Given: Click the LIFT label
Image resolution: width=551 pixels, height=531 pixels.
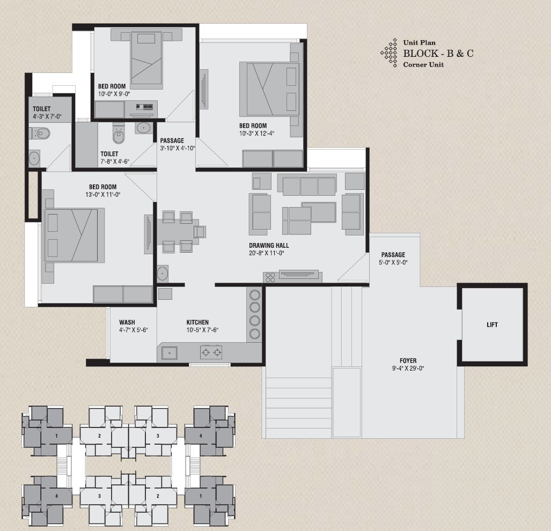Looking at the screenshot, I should (x=492, y=325).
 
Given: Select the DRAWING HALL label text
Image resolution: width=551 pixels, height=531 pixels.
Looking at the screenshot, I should (x=269, y=245).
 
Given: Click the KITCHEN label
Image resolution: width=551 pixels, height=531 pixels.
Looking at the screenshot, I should (x=197, y=322).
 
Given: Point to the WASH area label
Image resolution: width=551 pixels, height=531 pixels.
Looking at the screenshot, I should (x=127, y=322).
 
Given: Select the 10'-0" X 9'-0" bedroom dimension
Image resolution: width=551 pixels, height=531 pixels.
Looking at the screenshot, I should (x=114, y=94).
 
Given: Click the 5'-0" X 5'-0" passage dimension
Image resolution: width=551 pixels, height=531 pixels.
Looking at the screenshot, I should (x=394, y=263).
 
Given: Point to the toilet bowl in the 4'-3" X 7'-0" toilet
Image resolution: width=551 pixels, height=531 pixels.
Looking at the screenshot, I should (x=42, y=133).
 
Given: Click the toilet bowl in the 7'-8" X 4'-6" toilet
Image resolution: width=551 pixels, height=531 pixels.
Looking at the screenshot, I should (x=119, y=134).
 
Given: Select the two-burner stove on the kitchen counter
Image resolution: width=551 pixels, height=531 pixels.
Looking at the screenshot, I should (x=211, y=352).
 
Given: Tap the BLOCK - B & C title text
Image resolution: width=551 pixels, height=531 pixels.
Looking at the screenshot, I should (x=438, y=53).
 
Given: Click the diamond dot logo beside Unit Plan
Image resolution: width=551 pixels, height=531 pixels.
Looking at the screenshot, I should (x=389, y=53).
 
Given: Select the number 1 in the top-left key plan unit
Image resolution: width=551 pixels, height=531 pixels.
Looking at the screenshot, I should (x=56, y=436).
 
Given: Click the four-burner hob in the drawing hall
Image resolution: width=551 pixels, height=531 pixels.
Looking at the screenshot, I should (x=270, y=277).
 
